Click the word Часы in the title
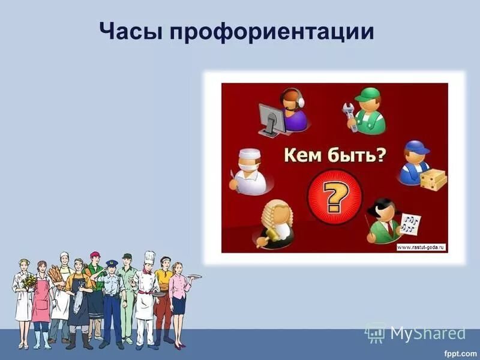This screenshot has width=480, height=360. coord(128,32)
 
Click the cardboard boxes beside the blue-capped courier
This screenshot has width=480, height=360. coord(433,177)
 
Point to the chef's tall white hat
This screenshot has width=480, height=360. coord(149,258)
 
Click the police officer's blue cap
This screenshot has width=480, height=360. coord(112,263)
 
